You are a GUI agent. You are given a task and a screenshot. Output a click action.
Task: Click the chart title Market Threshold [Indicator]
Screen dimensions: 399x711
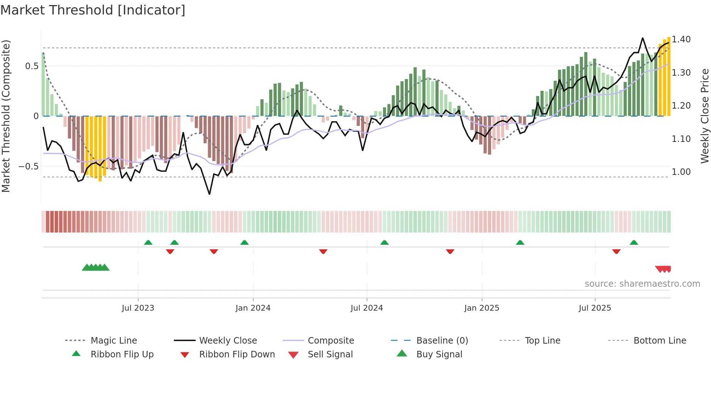coord(93,10)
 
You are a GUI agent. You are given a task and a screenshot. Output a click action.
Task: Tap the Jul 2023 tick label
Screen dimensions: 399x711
coord(138,308)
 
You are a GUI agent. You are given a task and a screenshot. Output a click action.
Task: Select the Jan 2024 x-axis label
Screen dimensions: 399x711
coord(253,308)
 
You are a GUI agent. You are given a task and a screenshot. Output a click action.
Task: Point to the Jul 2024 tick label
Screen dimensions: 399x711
coord(367,308)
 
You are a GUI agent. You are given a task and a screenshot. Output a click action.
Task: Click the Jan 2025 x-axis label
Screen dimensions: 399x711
coord(482,308)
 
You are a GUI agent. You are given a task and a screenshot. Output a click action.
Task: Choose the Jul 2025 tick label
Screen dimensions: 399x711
coord(595,308)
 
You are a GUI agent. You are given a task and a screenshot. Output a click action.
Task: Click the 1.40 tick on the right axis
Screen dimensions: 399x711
coord(681,39)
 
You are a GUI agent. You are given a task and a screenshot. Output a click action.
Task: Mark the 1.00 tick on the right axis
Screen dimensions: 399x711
coord(681,172)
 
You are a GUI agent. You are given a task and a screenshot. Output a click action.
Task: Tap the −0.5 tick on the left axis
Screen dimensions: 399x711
coord(28,167)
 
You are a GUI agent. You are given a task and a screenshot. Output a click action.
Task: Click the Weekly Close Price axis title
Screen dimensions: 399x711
coord(704,116)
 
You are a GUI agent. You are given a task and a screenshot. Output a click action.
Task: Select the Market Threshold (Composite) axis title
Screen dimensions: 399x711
coord(6,116)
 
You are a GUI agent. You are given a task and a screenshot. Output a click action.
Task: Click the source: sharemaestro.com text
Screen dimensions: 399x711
coord(642,284)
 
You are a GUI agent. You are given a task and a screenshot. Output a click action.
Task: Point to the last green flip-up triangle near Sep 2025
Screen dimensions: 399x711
coord(634,243)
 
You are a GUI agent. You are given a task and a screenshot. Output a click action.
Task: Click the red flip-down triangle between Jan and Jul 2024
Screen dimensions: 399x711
coord(323,251)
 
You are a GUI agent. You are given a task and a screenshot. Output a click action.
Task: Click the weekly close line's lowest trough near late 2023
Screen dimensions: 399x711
coord(209,194)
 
